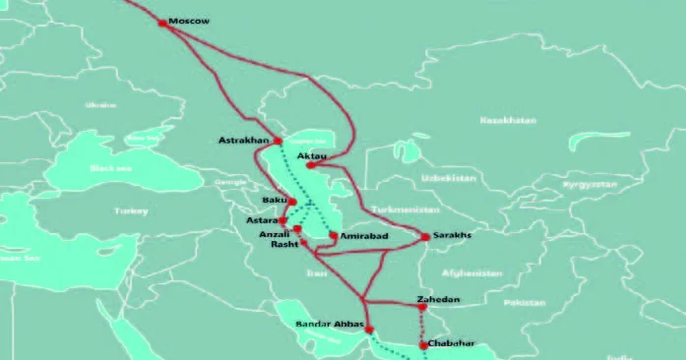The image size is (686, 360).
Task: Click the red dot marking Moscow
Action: [x=163, y=22]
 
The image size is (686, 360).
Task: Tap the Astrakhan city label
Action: [x=242, y=141]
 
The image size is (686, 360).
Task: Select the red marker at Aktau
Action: [x=310, y=165]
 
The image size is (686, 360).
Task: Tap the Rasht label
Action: [x=284, y=245]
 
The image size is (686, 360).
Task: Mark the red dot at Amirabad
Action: [x=334, y=236]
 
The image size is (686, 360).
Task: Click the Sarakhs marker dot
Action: [x=425, y=237]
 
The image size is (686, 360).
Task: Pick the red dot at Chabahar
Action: [x=423, y=345]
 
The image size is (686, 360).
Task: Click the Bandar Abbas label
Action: [x=330, y=324]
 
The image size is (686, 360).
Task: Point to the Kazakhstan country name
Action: [x=507, y=120]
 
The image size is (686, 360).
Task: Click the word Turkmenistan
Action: [x=404, y=210]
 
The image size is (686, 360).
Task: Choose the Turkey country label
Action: [x=129, y=210]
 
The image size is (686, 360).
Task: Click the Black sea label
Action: [x=104, y=168]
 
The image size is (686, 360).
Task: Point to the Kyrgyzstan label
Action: [x=590, y=184]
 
